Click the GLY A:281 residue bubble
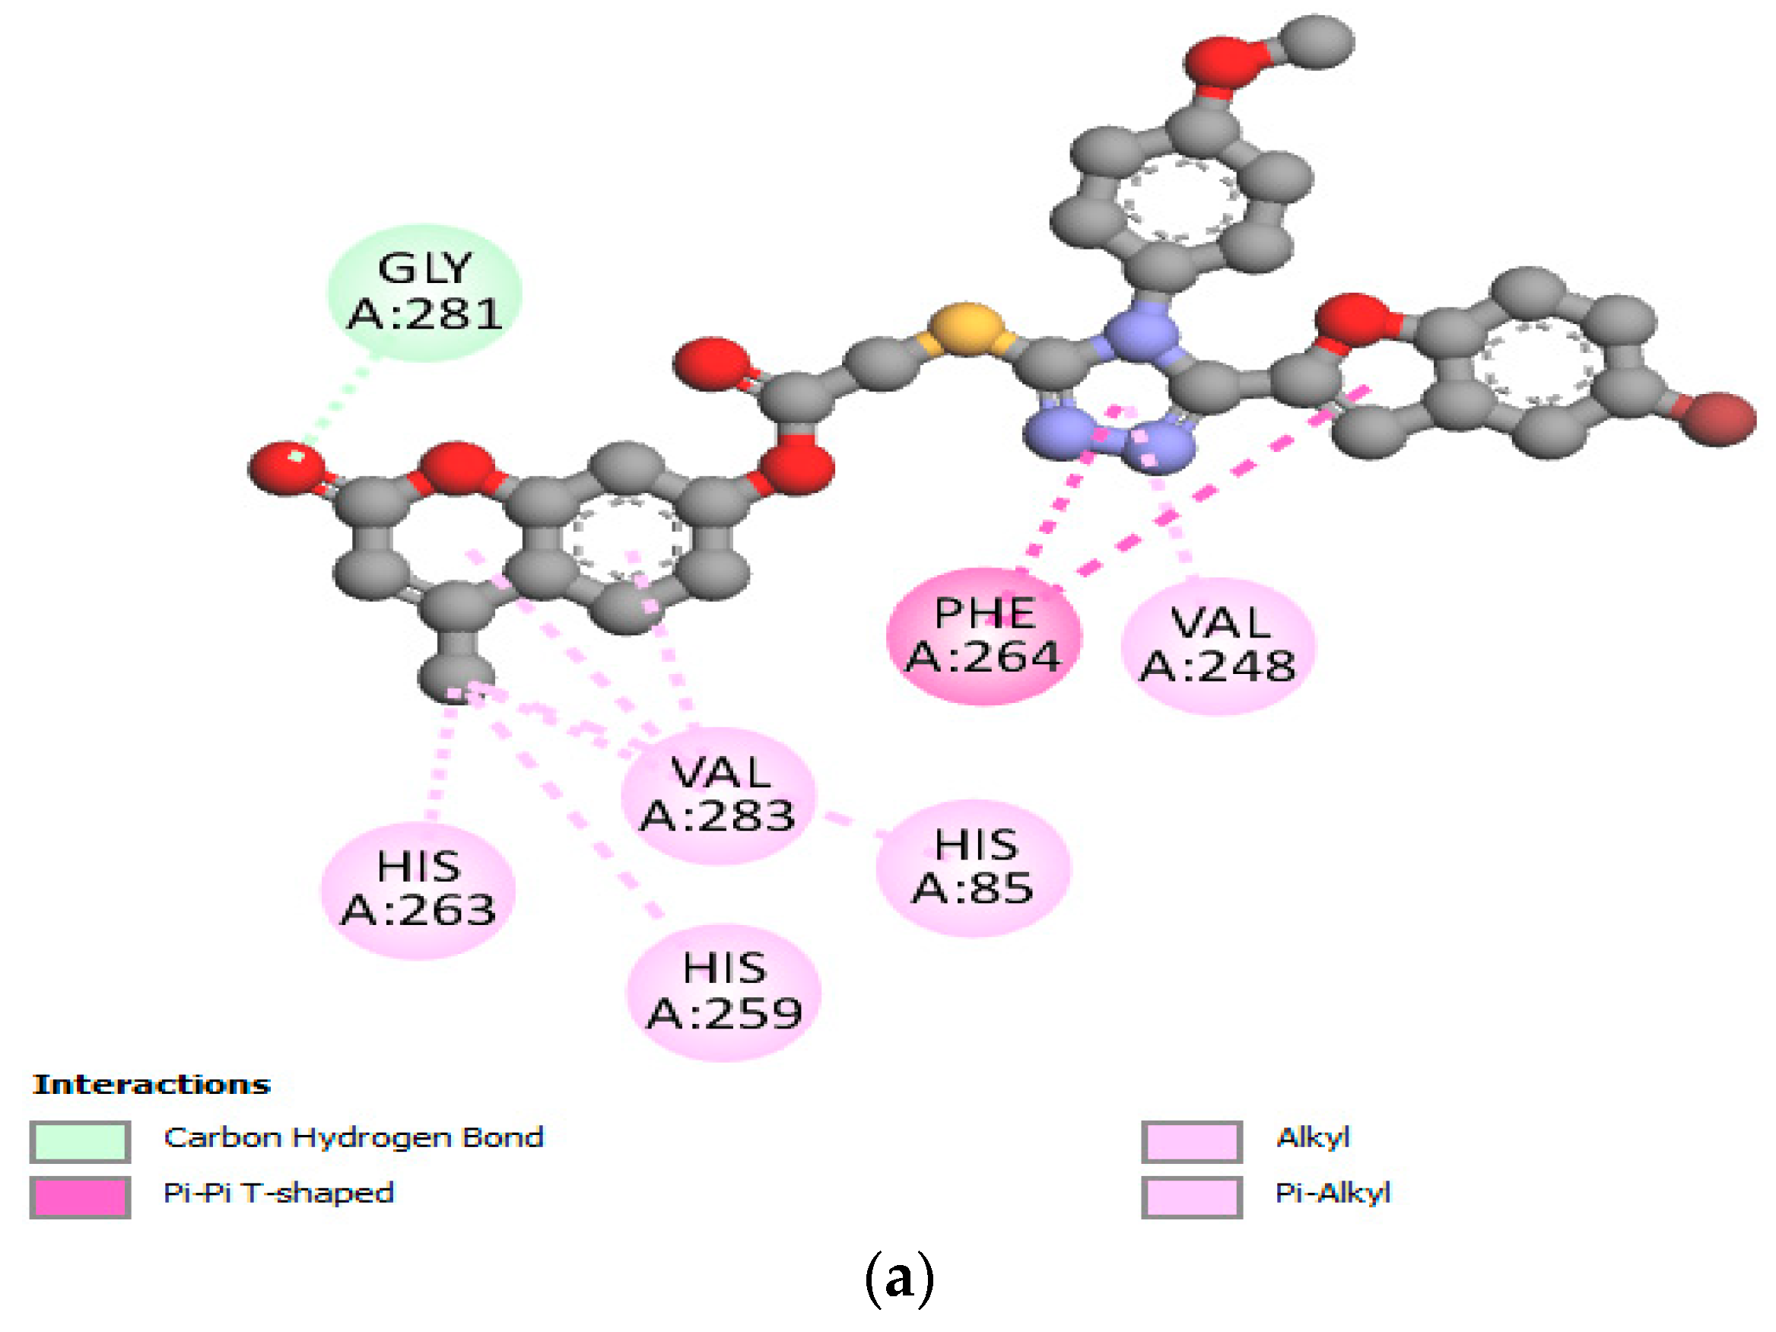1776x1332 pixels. click(x=424, y=292)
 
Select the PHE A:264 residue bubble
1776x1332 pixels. click(x=983, y=636)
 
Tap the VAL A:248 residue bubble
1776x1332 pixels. click(x=1218, y=646)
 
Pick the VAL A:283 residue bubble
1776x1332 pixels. click(x=719, y=795)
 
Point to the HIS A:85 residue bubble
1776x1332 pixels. click(x=973, y=867)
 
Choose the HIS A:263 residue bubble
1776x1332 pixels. click(x=418, y=889)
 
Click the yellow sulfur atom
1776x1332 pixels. click(x=967, y=329)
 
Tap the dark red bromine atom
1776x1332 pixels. click(x=1720, y=418)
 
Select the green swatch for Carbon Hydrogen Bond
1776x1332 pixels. click(x=81, y=1141)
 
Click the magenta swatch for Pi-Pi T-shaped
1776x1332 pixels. click(x=81, y=1197)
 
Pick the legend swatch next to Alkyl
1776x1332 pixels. click(x=1192, y=1141)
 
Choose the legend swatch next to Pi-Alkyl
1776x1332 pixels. click(x=1192, y=1197)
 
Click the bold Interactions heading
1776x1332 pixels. click(x=151, y=1085)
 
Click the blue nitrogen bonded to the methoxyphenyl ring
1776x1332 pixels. click(x=1141, y=335)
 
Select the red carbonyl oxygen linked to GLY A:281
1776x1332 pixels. click(x=287, y=467)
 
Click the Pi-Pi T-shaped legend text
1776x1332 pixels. click(x=278, y=1193)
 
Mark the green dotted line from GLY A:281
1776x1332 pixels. click(x=337, y=402)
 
